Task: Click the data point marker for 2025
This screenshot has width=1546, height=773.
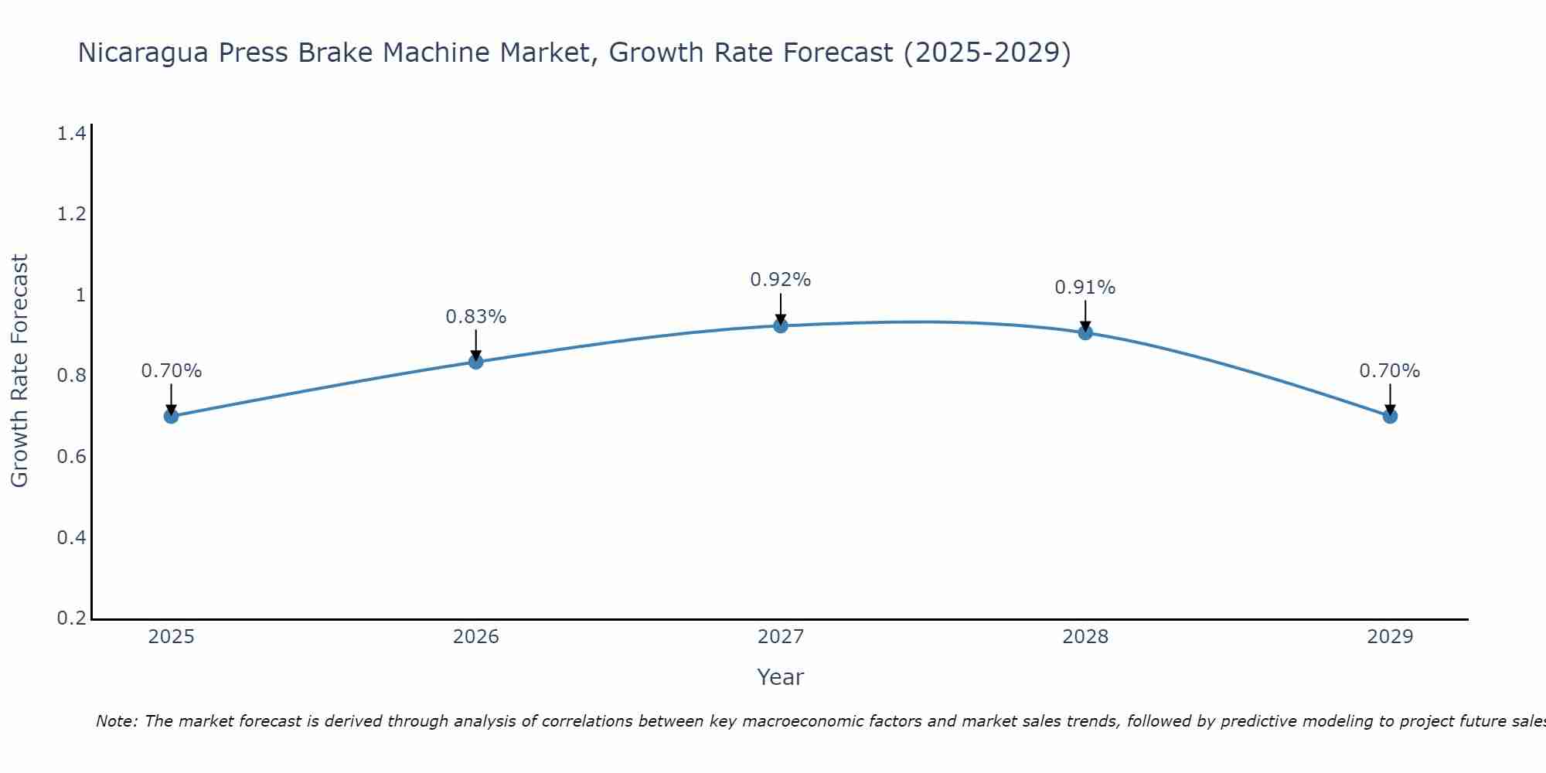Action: tap(172, 416)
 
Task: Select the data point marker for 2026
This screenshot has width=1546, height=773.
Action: tap(476, 362)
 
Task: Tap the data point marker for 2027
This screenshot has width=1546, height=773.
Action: tap(781, 325)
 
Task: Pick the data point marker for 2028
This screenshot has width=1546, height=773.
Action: tap(1085, 332)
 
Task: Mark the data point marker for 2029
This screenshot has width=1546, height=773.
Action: tap(1390, 416)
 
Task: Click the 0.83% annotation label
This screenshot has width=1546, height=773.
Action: tap(476, 317)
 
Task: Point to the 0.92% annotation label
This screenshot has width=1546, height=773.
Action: tap(781, 280)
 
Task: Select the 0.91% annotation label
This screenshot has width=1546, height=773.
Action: tap(1085, 288)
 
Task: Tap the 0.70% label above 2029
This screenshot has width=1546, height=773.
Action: tap(1390, 371)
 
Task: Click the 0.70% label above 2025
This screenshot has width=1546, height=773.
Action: tap(172, 371)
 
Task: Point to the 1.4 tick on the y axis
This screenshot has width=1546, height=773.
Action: tap(71, 134)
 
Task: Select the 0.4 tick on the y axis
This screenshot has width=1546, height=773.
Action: tap(71, 537)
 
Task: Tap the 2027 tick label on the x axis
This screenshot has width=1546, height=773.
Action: tap(781, 637)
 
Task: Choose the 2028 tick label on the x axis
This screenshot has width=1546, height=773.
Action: tap(1085, 637)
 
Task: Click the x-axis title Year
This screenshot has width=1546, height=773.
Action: tap(781, 677)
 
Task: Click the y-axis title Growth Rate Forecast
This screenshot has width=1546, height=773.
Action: tap(19, 371)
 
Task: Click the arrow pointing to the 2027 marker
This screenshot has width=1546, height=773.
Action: tap(781, 308)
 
